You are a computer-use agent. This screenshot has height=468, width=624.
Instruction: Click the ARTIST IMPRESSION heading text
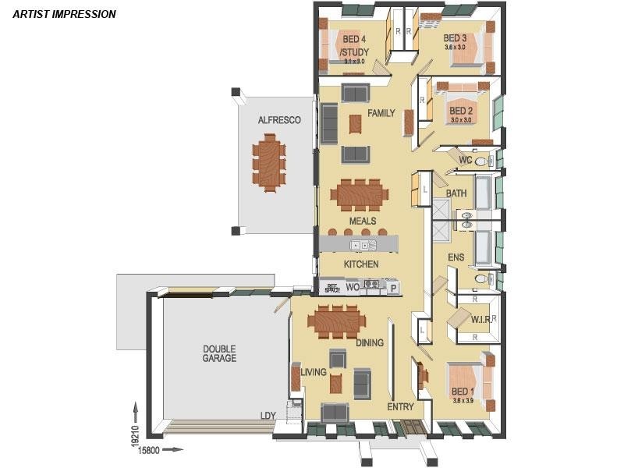[65, 14]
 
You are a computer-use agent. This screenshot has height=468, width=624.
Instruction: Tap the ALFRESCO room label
[279, 120]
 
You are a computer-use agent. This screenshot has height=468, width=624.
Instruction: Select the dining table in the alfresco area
[269, 159]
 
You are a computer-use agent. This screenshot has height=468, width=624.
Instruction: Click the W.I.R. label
[480, 319]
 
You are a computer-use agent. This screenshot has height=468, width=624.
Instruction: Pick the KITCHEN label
[361, 264]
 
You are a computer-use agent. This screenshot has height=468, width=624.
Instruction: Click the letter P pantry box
[393, 288]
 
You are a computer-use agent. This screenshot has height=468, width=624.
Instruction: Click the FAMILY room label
[381, 113]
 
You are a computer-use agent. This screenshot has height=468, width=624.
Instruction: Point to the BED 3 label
[455, 37]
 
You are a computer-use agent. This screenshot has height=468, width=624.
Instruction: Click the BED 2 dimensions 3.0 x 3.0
[460, 120]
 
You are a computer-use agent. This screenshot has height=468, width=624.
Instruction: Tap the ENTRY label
[400, 406]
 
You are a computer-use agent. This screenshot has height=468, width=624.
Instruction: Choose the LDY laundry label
[268, 416]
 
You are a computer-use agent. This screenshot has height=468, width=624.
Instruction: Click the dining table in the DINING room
[336, 320]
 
